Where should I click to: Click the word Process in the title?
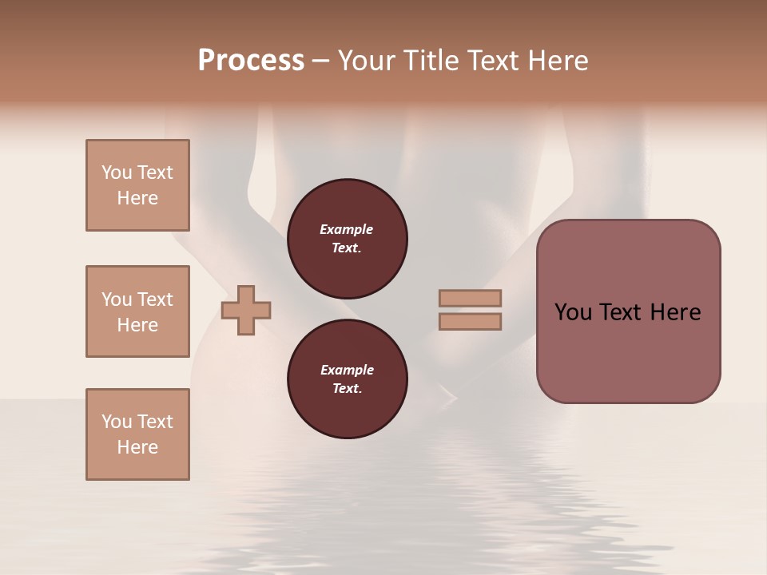point(251,61)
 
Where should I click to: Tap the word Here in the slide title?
point(555,61)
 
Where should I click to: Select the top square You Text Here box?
point(137,185)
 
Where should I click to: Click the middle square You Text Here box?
point(137,311)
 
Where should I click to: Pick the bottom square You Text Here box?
point(137,434)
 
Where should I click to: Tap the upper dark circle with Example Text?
point(348,238)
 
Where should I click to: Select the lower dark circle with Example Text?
point(348,379)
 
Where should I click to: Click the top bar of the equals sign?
point(471,298)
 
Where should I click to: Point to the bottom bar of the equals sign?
point(471,322)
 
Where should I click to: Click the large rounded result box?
point(629,351)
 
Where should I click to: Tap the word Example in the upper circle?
point(347,229)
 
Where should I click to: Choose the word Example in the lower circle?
point(347,370)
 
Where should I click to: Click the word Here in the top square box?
point(137,198)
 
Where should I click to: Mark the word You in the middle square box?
point(115,299)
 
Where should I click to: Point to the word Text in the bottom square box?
point(155,422)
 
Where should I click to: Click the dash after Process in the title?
point(320,61)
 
